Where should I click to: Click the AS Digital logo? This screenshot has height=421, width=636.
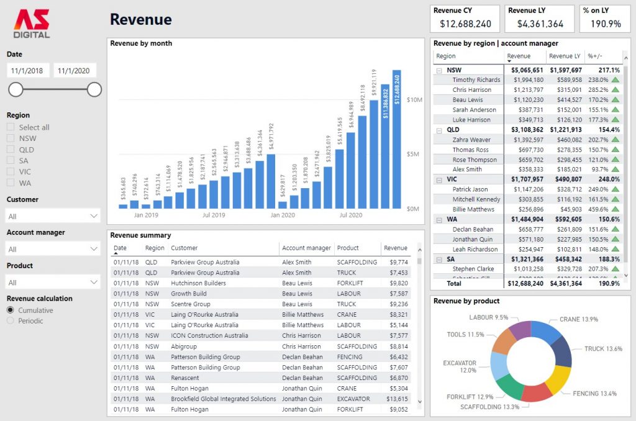coord(32,24)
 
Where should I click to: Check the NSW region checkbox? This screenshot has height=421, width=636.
coord(11,138)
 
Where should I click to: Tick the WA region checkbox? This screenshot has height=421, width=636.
coord(11,183)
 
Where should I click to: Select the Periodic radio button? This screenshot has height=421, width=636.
coord(11,320)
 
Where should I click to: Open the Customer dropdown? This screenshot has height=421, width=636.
coord(53,216)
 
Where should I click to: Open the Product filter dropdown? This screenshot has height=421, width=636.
coord(53,282)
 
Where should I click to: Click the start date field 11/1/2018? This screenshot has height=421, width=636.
coord(28,71)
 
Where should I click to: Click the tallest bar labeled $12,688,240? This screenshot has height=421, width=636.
coord(397,140)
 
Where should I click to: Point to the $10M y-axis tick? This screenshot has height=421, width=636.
coord(414,100)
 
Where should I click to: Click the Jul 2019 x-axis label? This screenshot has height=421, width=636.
coord(214,215)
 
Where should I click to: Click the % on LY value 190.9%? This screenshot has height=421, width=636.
coord(605,24)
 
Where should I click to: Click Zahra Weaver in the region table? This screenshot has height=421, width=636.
coord(471,140)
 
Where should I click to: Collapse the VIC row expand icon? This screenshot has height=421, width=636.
coord(439,179)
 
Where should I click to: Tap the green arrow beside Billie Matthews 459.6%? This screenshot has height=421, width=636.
coord(616,209)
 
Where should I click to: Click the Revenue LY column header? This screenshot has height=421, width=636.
coord(565,56)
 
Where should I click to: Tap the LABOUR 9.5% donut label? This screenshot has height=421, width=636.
coord(489,317)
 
